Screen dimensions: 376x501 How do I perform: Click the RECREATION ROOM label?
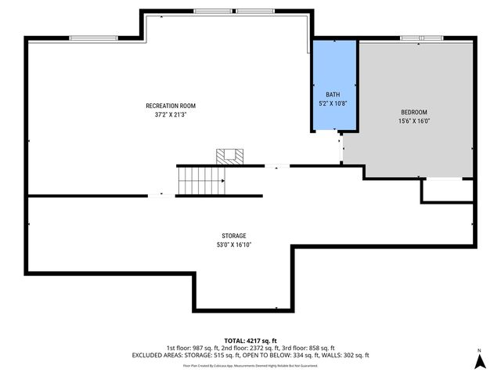click(170, 106)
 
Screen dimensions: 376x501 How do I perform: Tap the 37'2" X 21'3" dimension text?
click(170, 114)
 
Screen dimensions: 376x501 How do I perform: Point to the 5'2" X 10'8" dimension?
click(333, 102)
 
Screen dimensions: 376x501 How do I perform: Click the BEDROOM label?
click(414, 112)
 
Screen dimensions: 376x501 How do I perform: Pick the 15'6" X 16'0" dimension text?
click(414, 121)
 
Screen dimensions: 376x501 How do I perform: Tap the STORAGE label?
click(233, 236)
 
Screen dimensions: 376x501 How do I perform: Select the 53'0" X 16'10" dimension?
click(233, 244)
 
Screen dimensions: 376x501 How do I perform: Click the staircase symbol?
click(201, 180)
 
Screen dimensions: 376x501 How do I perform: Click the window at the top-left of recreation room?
click(92, 38)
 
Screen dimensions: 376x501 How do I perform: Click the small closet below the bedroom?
click(447, 190)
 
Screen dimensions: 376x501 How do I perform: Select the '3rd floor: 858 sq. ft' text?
click(311, 348)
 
